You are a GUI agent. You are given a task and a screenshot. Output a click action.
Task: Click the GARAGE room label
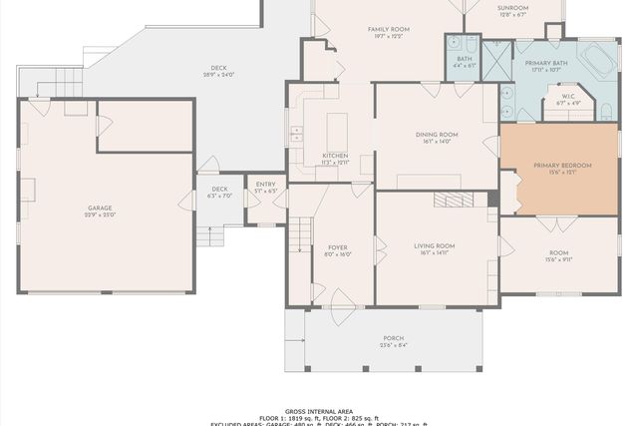tap(100, 209)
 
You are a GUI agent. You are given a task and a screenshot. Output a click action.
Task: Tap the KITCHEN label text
tap(335, 156)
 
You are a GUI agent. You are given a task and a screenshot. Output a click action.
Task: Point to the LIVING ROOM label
tap(435, 245)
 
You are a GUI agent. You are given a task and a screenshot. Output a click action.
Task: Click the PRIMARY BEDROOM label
tap(562, 165)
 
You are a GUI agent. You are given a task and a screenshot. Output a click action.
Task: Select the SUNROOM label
tap(512, 8)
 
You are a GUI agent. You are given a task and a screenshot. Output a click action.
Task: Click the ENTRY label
tap(265, 185)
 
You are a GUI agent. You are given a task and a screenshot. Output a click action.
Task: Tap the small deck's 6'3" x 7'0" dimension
tap(219, 196)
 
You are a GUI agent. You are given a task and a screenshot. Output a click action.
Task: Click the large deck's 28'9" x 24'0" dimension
tap(218, 76)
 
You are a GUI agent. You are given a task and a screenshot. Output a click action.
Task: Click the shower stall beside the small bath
tap(496, 56)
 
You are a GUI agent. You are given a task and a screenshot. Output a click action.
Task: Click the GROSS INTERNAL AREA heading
tap(319, 409)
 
